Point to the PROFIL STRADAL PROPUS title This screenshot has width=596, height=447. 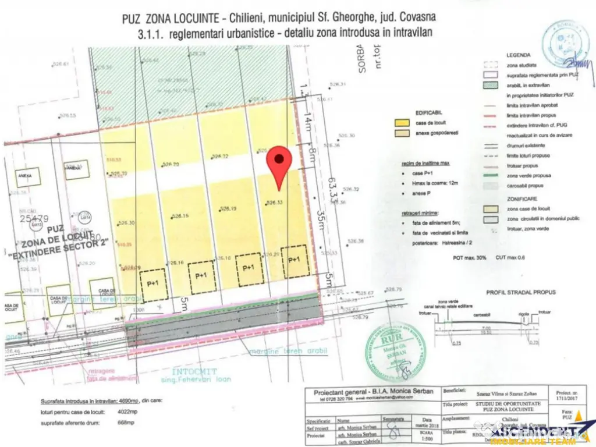(521, 292)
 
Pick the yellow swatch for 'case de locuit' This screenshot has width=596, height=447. (399, 123)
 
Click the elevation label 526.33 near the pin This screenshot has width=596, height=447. (275, 203)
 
